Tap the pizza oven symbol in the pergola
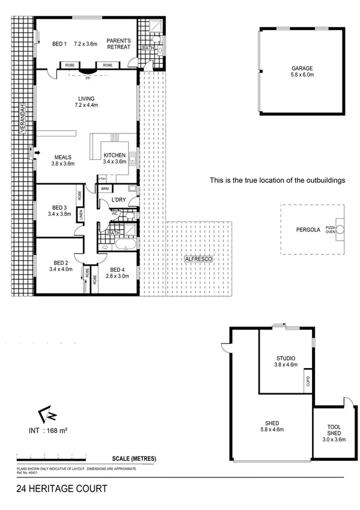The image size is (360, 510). pos(340,229)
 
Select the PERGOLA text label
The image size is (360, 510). pos(308,230)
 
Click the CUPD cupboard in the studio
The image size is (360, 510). pos(308,381)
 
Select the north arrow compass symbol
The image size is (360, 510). pos(47,414)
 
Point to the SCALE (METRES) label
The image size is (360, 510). pos(133,459)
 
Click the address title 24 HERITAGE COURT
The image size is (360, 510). pos(63,489)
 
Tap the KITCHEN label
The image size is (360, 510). pos(114,156)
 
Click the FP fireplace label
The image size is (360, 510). pos(88,78)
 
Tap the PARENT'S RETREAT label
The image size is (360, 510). pos(118,44)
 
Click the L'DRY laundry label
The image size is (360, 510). pos(118,200)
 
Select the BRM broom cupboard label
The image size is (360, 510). pos(105,189)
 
